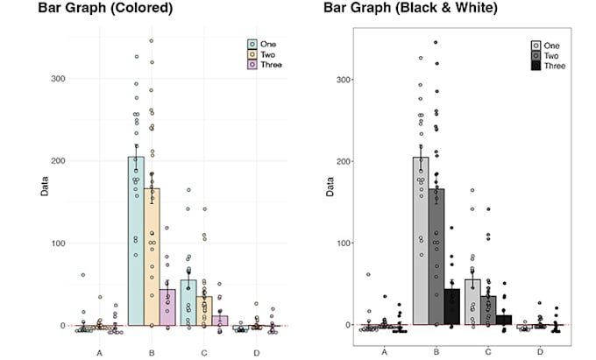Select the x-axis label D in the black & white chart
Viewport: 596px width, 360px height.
coord(541,351)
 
